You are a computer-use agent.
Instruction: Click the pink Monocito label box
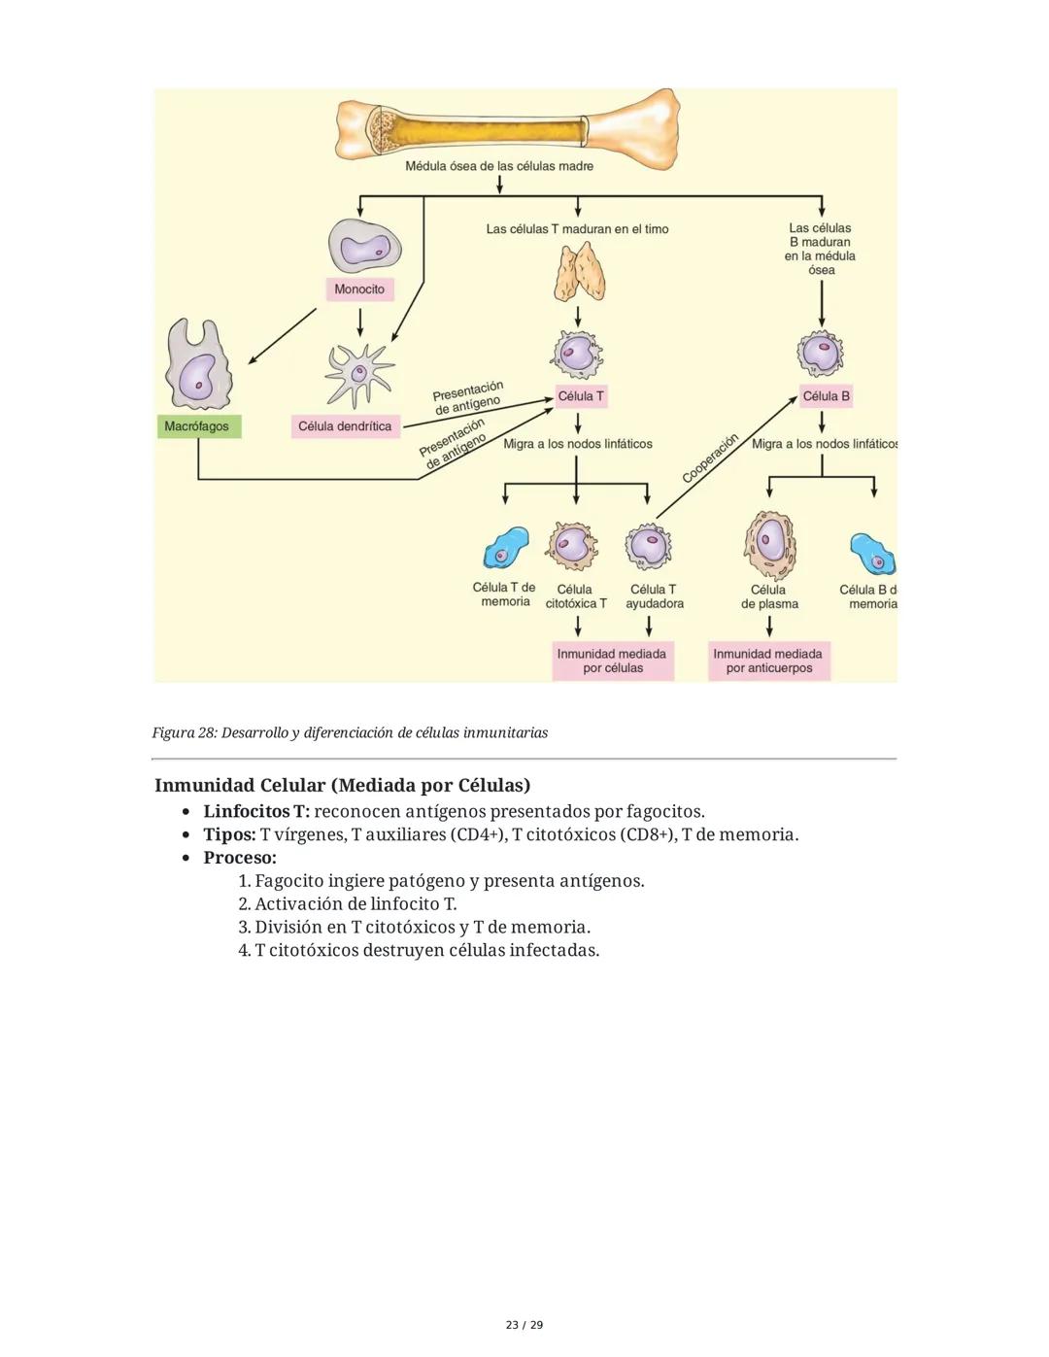point(359,289)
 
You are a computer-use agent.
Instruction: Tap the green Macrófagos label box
point(197,426)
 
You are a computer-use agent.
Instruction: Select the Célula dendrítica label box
point(345,426)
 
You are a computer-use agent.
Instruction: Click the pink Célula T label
point(580,396)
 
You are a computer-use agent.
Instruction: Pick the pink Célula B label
point(826,396)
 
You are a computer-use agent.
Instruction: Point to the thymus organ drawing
point(580,272)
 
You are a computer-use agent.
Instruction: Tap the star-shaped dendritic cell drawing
point(359,374)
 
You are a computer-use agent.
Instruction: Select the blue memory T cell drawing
point(506,551)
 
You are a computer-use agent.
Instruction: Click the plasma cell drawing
point(770,544)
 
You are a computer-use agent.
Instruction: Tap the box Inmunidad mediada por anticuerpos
point(768,661)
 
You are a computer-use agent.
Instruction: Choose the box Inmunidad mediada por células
point(612,661)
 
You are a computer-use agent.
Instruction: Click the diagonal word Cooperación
point(710,458)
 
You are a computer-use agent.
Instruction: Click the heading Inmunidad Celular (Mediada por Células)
point(342,785)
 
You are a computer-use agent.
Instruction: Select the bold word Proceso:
point(240,858)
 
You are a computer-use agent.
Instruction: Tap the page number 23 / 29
point(524,1325)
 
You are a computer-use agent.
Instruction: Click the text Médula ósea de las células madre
point(499,166)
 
